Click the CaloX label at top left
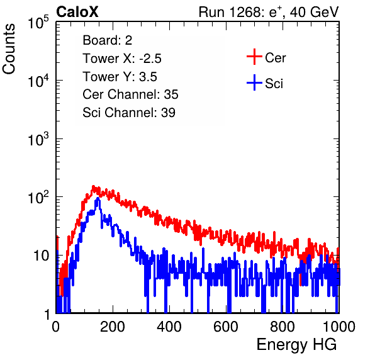(77, 12)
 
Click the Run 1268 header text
(269, 12)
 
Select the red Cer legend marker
(254, 57)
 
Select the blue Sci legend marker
(254, 83)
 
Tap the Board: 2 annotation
(108, 40)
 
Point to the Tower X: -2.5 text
(122, 59)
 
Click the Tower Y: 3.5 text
(120, 77)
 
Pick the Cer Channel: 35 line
(130, 94)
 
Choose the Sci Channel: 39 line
(129, 113)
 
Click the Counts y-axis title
(9, 49)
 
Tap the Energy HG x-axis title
(296, 345)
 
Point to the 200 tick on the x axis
(113, 327)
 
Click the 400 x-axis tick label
(169, 327)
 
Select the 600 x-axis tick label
(226, 327)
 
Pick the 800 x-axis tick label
(283, 327)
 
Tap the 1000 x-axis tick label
(339, 327)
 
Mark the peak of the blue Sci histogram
(98, 198)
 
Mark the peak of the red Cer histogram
(93, 186)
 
